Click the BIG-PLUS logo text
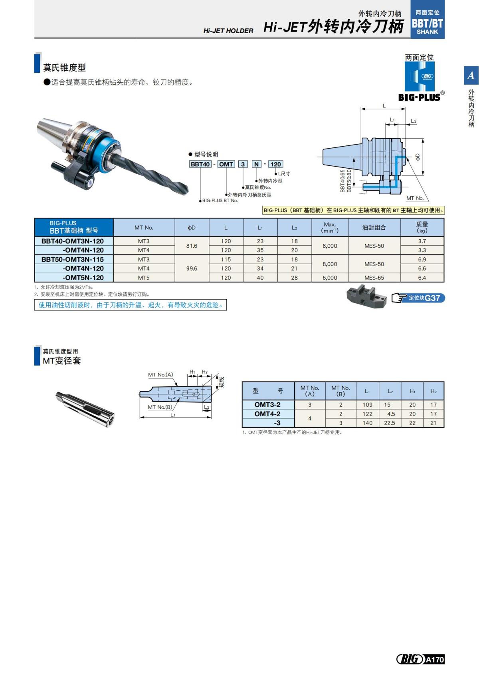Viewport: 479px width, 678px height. point(419,97)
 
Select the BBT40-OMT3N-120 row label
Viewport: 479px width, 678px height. point(73,241)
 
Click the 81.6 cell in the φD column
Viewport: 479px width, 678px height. point(192,246)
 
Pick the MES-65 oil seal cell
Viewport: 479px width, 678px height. point(374,278)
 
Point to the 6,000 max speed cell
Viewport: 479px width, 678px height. point(330,278)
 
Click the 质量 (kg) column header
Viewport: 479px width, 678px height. point(422,227)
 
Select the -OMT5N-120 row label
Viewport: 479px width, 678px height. point(83,278)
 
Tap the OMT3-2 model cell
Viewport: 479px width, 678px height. point(267,405)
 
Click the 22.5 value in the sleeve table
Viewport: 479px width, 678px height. point(390,423)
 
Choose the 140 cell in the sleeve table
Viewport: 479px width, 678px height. point(367,423)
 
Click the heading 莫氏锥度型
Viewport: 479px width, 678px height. point(64,68)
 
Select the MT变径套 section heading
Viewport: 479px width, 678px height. point(62,361)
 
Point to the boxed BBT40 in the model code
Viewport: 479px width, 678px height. point(200,164)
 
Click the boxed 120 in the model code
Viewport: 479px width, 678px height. point(275,164)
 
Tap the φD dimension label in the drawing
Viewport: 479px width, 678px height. point(418,157)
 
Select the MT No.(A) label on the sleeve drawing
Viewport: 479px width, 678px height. point(160,375)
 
